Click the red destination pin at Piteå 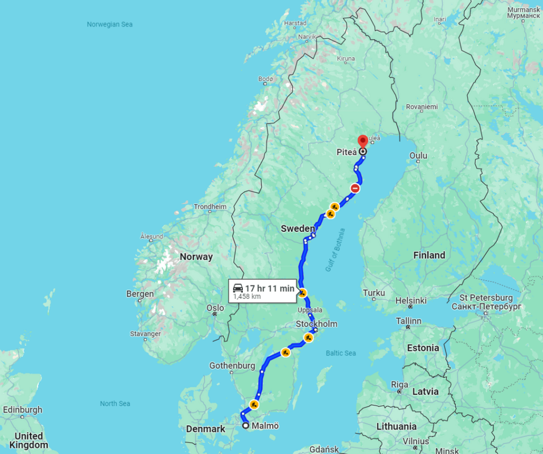[x=363, y=141]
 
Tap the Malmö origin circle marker [x=246, y=425]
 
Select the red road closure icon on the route [x=355, y=188]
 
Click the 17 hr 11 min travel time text [x=269, y=288]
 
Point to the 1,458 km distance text [x=248, y=297]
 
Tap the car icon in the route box [x=238, y=288]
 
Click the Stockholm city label [x=317, y=324]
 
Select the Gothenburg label [x=232, y=366]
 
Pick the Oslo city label [x=215, y=308]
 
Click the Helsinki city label [x=410, y=300]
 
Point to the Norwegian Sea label [x=110, y=24]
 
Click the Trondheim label [x=210, y=207]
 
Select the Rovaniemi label [x=422, y=106]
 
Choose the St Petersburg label [x=486, y=298]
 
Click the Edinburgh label [x=22, y=410]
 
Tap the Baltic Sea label [x=341, y=353]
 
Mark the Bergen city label [x=140, y=293]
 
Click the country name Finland [x=429, y=255]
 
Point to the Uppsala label [x=310, y=310]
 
